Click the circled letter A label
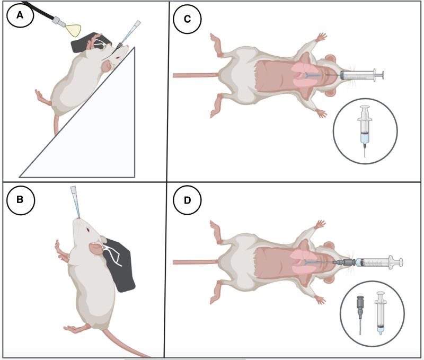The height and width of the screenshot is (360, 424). click(20, 15)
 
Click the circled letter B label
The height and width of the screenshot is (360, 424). click(21, 200)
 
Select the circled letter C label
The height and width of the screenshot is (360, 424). click(187, 19)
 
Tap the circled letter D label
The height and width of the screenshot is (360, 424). click(187, 200)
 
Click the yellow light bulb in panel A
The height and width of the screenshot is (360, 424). click(74, 30)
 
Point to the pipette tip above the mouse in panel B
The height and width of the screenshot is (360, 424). click(75, 201)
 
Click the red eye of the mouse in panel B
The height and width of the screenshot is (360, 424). click(88, 230)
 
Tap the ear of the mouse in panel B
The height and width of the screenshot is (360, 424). click(96, 248)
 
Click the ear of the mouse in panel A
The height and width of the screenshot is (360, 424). click(107, 66)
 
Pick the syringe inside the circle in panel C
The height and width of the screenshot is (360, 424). click(365, 130)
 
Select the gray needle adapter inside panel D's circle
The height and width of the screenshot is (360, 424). click(360, 314)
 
